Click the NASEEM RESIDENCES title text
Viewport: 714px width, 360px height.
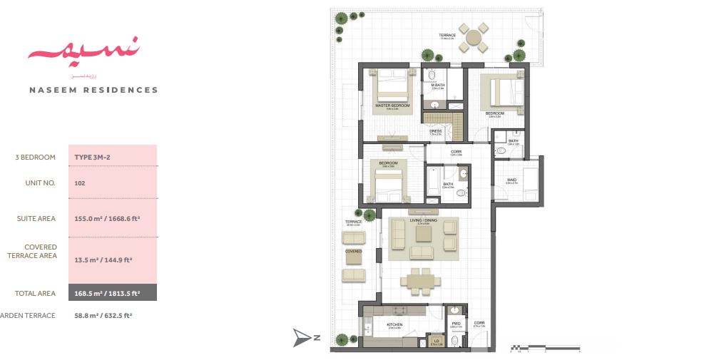tap(93, 91)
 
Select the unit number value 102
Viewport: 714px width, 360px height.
tap(79, 183)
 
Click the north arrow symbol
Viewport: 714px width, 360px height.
tap(304, 339)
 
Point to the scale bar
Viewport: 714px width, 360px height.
tap(546, 349)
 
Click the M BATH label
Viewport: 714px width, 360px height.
tap(438, 86)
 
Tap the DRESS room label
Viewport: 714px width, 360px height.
tap(435, 131)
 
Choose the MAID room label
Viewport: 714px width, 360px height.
tap(511, 180)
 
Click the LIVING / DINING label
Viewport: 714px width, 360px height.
tap(423, 221)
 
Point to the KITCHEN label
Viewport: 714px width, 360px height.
tap(394, 325)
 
